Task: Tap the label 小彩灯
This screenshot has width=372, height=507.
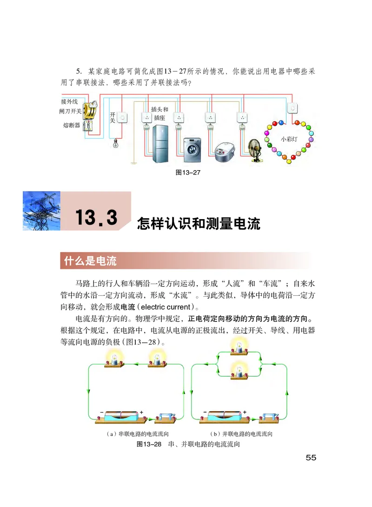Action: click(289, 139)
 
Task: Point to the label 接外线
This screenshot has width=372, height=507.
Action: click(69, 101)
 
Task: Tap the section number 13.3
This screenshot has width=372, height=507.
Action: click(96, 218)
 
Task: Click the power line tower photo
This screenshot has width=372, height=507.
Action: click(41, 211)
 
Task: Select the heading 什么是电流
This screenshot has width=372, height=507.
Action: click(88, 261)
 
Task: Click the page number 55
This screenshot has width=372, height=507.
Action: click(311, 458)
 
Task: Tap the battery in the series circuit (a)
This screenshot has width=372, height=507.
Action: click(120, 417)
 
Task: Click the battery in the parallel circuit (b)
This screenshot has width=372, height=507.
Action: click(223, 417)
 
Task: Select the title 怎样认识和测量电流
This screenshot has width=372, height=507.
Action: click(199, 224)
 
